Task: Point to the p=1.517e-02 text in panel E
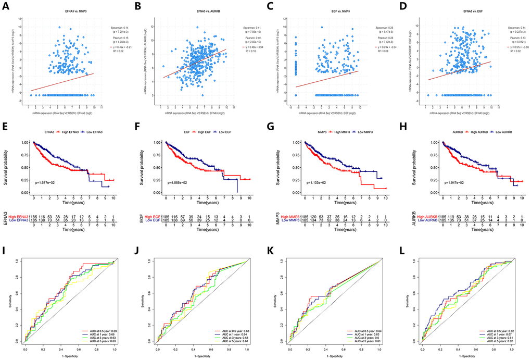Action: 48,182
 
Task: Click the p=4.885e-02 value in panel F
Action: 182,182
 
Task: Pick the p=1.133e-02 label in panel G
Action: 315,182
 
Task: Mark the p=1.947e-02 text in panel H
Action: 449,182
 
